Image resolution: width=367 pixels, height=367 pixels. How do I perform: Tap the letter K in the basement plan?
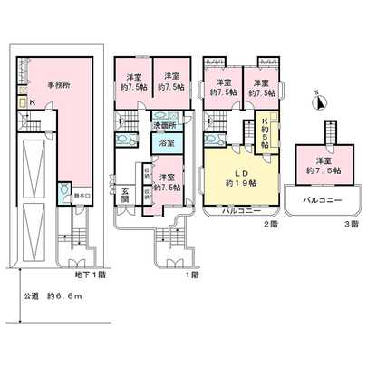[32, 103]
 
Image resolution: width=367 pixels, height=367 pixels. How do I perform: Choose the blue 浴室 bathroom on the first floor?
[168, 144]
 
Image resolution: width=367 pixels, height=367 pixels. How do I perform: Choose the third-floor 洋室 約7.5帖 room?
[321, 165]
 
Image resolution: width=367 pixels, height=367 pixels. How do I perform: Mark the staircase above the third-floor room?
[322, 133]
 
